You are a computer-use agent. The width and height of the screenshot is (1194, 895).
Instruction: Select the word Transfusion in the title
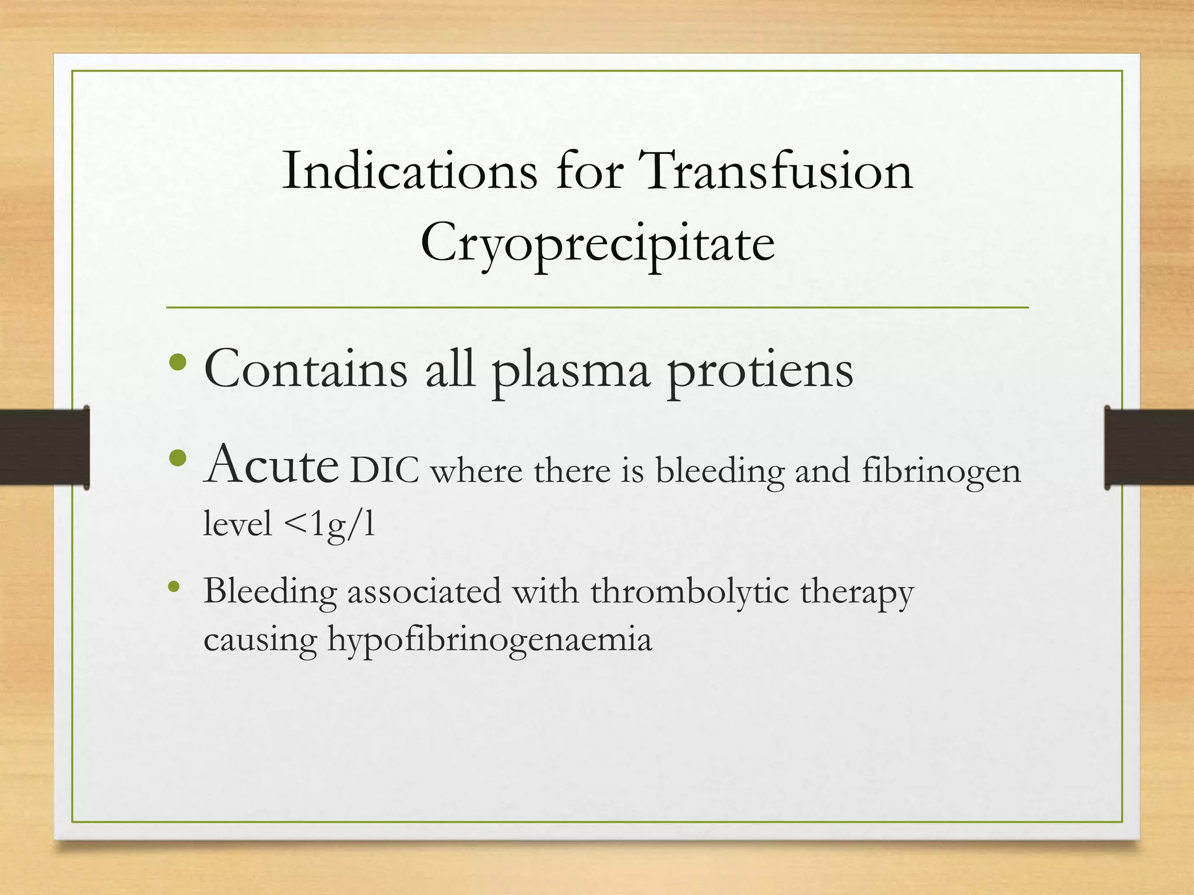pos(775,171)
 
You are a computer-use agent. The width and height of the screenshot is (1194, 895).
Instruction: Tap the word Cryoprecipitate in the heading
pos(598,242)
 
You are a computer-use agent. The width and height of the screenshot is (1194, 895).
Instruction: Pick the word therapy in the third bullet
pos(856,593)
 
